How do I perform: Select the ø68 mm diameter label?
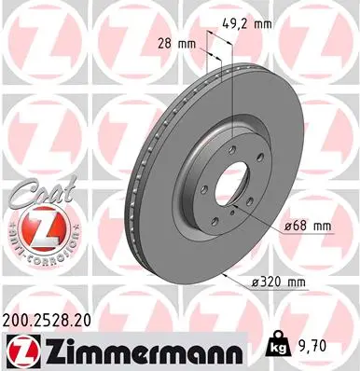(306, 226)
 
